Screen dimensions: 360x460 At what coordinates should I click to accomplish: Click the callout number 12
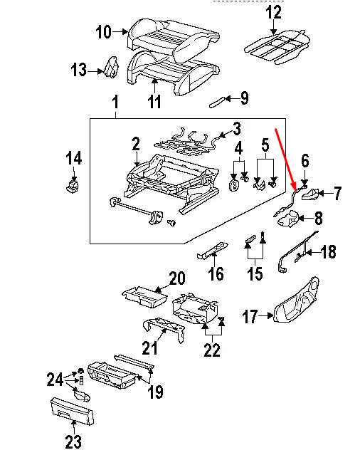tap(273, 13)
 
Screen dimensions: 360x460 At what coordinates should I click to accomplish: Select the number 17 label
tap(250, 317)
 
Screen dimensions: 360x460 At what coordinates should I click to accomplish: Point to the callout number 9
tap(244, 98)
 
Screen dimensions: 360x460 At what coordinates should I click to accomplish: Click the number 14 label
tap(73, 158)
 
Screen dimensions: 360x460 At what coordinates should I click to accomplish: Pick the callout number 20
tap(177, 278)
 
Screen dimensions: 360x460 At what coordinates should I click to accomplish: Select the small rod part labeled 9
tap(217, 103)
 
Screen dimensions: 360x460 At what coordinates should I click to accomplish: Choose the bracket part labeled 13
tap(111, 67)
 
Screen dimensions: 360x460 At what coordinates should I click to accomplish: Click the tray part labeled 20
tap(144, 297)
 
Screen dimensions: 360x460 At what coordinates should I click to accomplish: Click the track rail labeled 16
tap(213, 250)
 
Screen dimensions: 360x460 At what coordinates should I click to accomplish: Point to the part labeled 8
tap(288, 219)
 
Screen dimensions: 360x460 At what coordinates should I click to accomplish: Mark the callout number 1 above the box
tap(115, 103)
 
